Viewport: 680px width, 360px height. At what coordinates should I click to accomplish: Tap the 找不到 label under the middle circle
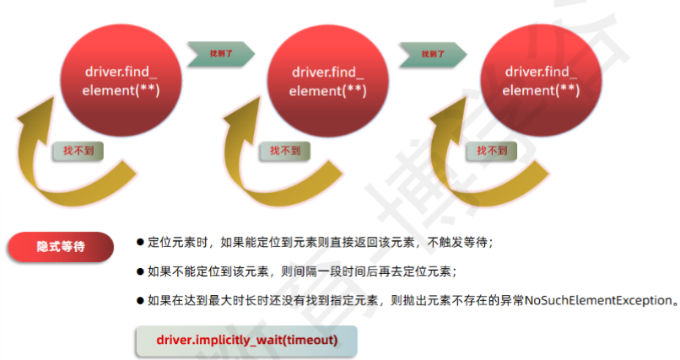[285, 151]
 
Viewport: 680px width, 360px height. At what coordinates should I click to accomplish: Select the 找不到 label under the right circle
[492, 151]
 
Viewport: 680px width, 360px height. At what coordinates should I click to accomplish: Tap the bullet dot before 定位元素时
[140, 242]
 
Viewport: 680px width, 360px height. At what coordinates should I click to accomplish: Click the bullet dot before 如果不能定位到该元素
[140, 271]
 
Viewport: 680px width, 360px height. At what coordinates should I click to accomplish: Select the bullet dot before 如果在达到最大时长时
[140, 300]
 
